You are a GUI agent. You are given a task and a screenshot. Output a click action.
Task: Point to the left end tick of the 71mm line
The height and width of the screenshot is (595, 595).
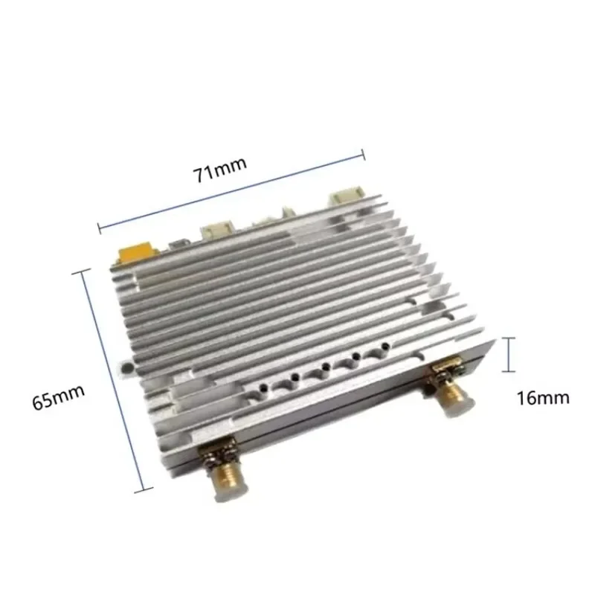(x=99, y=222)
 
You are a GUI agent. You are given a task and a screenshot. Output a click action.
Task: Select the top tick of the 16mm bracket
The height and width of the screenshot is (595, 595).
(x=509, y=338)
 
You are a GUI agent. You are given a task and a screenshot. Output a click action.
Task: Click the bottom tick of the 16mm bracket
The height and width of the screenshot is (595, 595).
(x=509, y=370)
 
